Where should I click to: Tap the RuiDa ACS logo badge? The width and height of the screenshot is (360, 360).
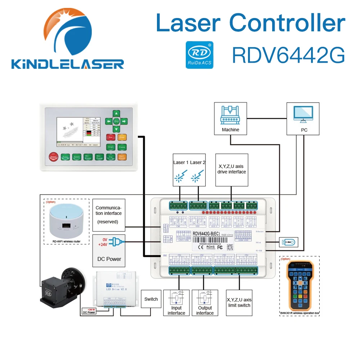click(199, 54)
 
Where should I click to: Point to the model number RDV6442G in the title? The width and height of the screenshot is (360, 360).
click(288, 54)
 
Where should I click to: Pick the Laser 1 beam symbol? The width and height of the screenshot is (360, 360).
click(180, 176)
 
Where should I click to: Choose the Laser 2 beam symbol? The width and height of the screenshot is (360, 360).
click(196, 176)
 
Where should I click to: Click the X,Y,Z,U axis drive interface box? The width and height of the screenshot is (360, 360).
click(231, 170)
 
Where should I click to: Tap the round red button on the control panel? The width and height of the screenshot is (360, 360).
click(54, 157)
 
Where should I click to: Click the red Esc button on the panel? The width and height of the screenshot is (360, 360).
click(110, 137)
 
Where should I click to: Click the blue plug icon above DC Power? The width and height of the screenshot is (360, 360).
click(116, 242)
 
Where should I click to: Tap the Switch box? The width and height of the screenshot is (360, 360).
click(151, 299)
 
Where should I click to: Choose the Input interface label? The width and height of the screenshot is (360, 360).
click(176, 310)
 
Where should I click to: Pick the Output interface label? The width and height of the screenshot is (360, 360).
click(205, 310)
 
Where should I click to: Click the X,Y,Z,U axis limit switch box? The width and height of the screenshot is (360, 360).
click(239, 302)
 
